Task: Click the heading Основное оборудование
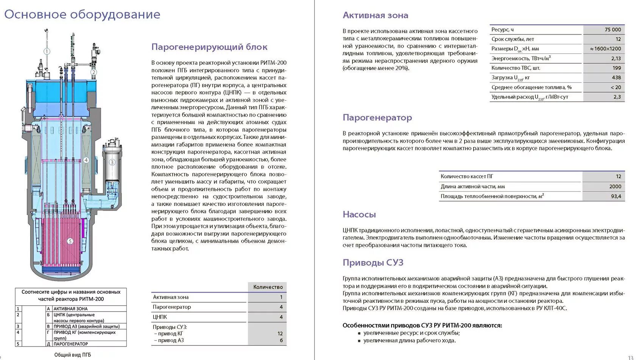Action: click(x=82, y=14)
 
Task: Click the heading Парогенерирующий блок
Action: click(x=209, y=47)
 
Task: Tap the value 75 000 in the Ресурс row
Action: click(x=613, y=30)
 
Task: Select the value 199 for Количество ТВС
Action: click(x=617, y=68)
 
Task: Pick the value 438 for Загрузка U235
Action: click(x=616, y=78)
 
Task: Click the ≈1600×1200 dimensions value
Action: click(x=605, y=49)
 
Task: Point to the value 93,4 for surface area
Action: click(x=616, y=196)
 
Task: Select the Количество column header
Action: click(x=268, y=287)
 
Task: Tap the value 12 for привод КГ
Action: click(x=280, y=334)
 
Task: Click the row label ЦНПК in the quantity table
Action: click(x=160, y=317)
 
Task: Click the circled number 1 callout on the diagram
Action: click(x=47, y=51)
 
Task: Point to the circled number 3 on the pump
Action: click(x=112, y=162)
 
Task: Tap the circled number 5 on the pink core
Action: click(x=70, y=241)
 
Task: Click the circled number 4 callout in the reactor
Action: click(x=86, y=160)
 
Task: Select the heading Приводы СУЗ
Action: click(x=373, y=263)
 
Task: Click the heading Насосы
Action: click(x=359, y=215)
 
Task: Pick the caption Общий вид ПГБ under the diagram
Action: click(x=72, y=355)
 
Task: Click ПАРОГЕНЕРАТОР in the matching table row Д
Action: click(x=70, y=344)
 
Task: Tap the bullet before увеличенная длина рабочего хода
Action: click(x=359, y=341)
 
